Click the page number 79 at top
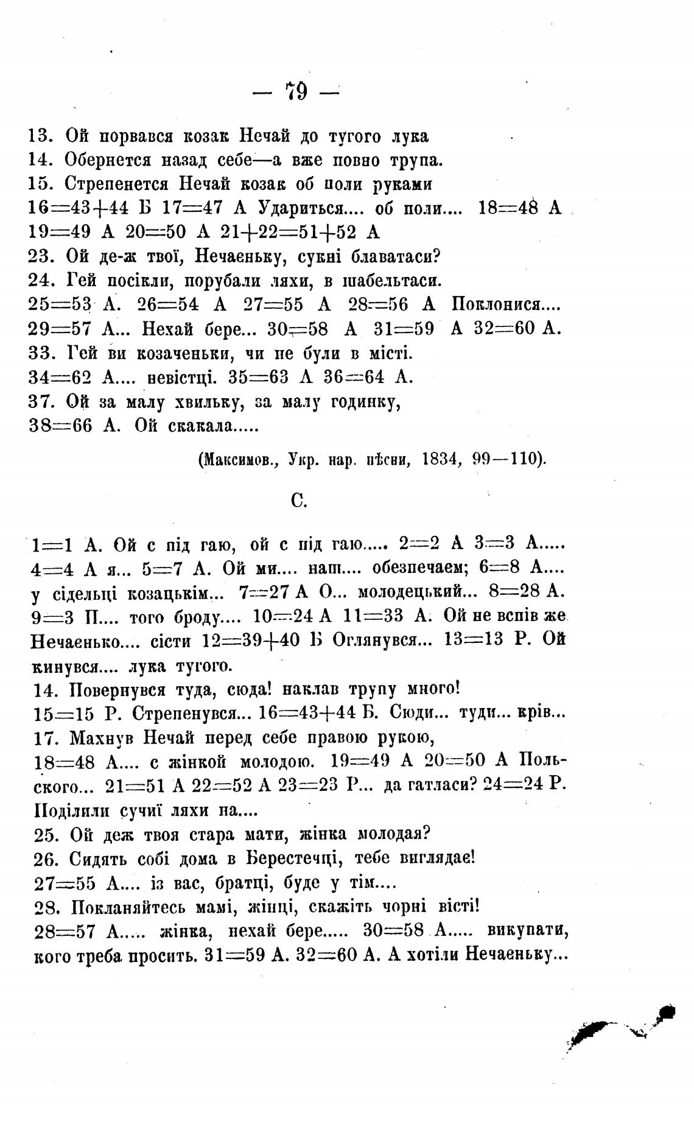tap(296, 92)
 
